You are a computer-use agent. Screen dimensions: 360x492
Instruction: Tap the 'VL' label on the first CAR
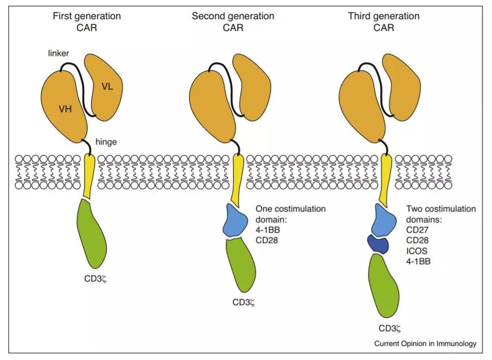[x=107, y=87]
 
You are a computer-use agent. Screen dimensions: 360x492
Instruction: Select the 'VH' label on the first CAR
[x=65, y=109]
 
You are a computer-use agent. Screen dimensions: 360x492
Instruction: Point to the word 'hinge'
[x=105, y=143]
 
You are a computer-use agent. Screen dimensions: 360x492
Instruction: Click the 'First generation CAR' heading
[x=87, y=22]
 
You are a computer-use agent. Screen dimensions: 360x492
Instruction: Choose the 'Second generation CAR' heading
[x=233, y=22]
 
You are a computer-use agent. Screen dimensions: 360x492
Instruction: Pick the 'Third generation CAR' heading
[x=384, y=22]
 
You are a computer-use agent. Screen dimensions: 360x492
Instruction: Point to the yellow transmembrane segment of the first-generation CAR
[x=89, y=177]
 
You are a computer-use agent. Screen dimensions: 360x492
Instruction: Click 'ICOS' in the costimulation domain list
[x=416, y=251]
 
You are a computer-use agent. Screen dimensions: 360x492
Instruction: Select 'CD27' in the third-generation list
[x=417, y=230]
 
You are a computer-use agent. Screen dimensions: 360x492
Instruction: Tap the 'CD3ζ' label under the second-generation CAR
[x=245, y=301]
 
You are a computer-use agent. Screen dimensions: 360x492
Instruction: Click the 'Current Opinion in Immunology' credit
[x=425, y=344]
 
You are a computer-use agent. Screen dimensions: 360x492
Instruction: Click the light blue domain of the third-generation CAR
[x=383, y=220]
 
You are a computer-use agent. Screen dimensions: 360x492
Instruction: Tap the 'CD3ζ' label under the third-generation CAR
[x=391, y=328]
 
